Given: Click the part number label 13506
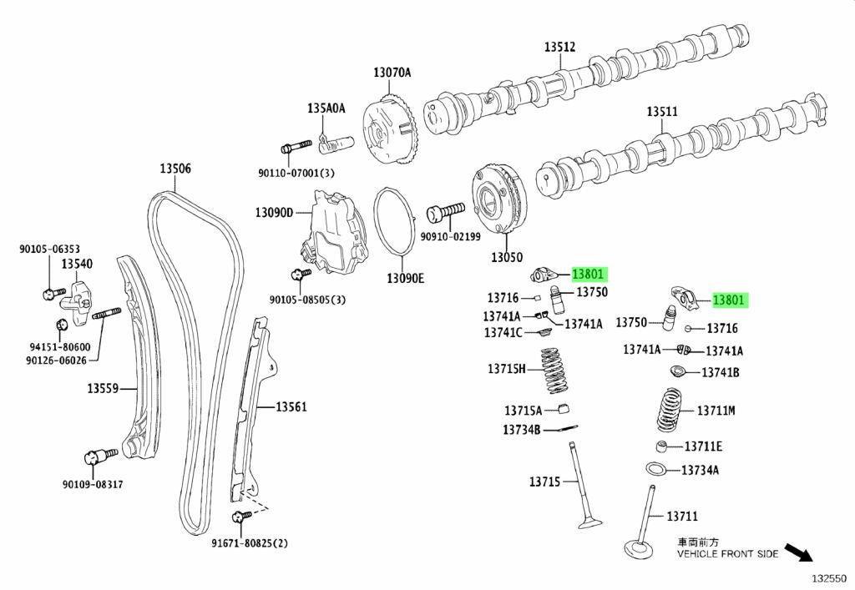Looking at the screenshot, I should (175, 169).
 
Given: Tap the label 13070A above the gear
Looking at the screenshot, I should (392, 73).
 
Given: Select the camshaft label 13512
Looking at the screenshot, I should (560, 48).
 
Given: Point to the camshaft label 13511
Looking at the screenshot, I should (662, 111).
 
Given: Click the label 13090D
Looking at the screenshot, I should (274, 213).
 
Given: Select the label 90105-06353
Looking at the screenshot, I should (50, 248).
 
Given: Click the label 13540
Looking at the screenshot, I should (76, 264).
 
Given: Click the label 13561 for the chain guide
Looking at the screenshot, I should (292, 406).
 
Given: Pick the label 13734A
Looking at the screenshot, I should (700, 470).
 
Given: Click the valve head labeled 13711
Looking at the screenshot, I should (638, 548).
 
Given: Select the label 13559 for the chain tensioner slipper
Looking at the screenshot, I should (104, 388).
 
